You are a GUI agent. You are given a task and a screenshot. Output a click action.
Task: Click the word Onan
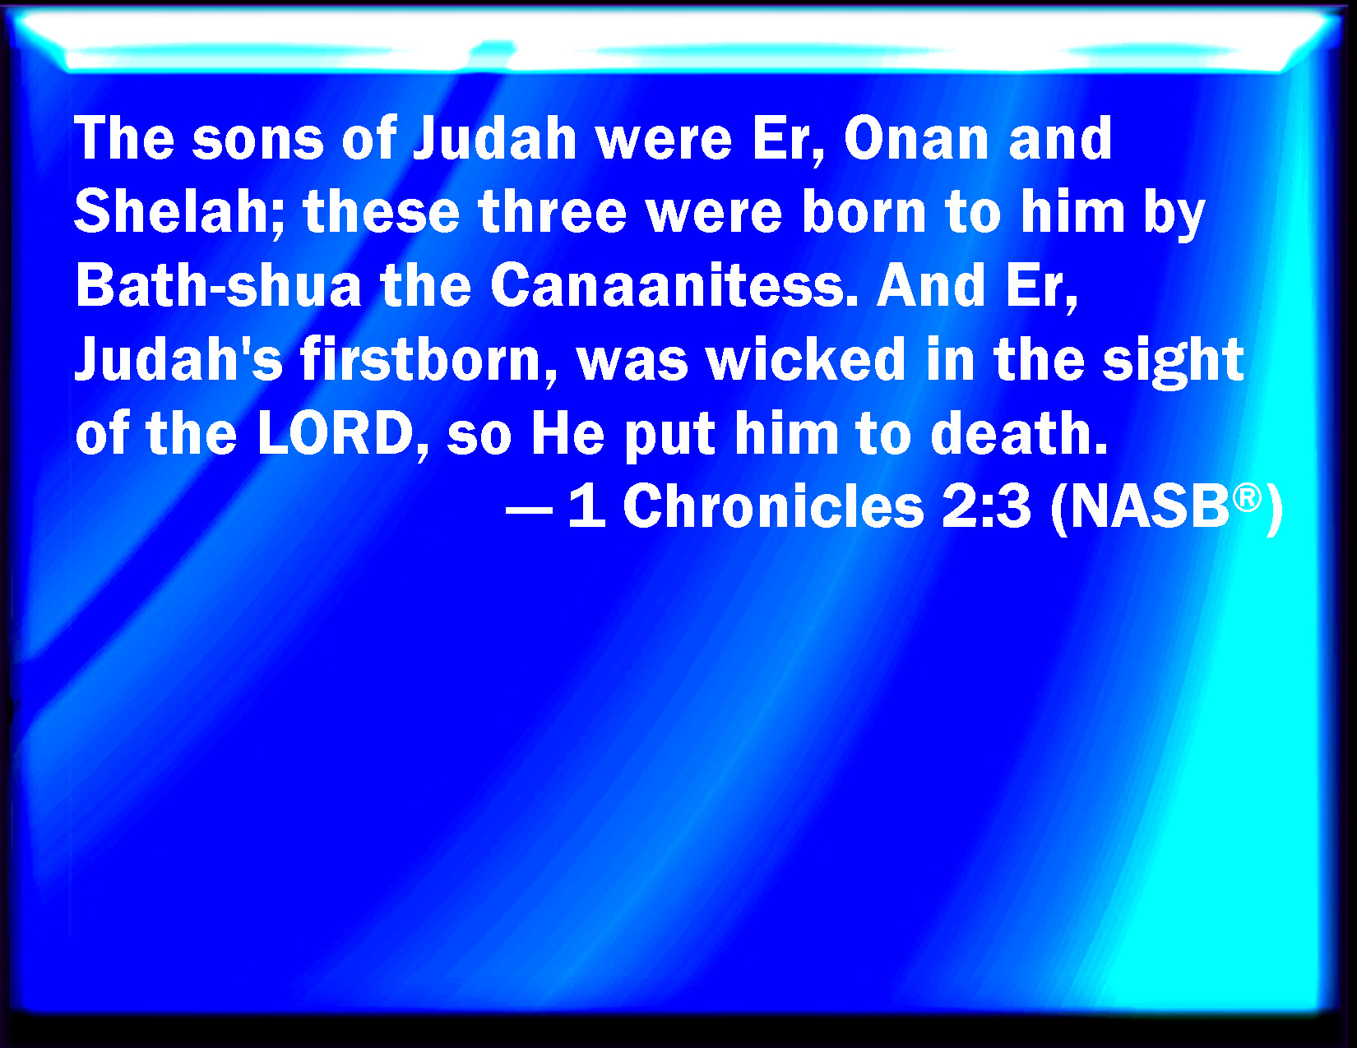915,138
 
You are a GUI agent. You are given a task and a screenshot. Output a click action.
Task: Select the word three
552,211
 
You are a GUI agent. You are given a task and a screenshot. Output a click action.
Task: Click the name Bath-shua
218,285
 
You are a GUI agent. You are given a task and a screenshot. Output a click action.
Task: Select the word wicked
806,359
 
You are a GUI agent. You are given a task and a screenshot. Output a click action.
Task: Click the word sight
1174,362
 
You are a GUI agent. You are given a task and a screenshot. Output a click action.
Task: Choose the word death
1018,433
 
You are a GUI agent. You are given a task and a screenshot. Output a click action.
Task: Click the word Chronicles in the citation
773,506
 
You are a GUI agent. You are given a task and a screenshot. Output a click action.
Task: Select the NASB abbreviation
1148,506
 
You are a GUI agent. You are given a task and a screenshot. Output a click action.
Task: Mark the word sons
258,138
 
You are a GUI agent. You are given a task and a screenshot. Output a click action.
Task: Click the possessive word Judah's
178,359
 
